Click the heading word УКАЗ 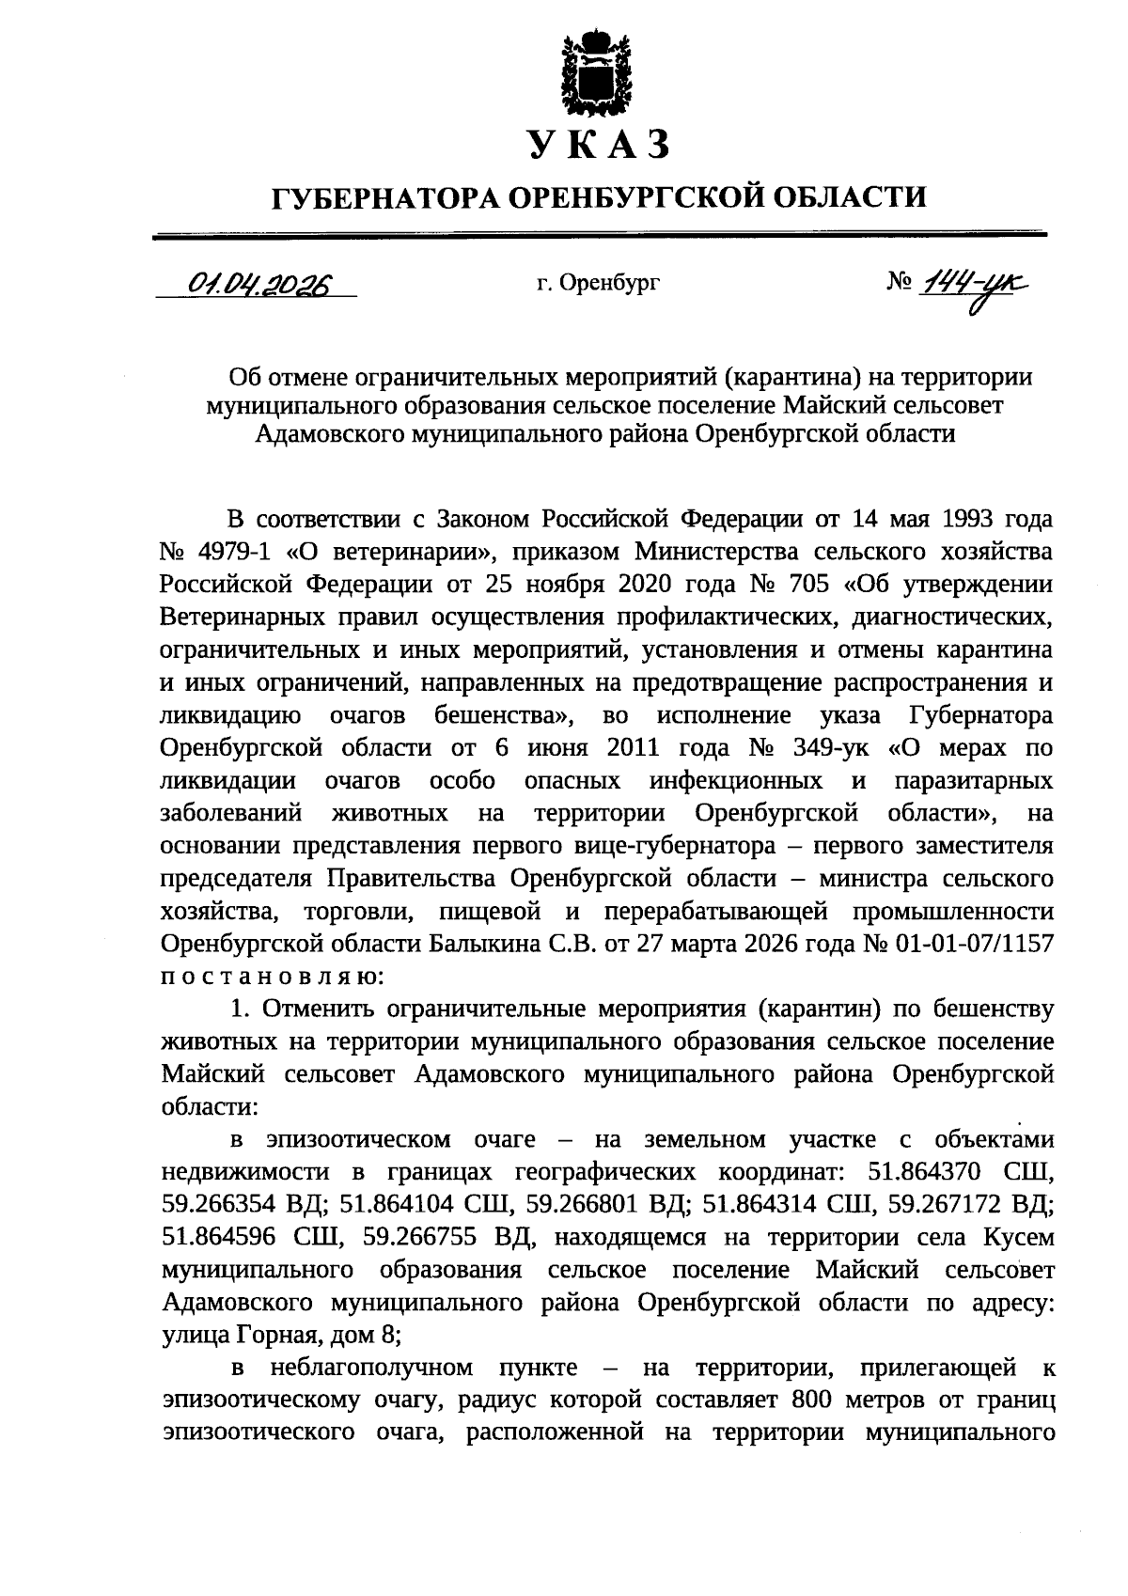pyautogui.click(x=599, y=144)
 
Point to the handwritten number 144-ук pyautogui.click(x=973, y=282)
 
